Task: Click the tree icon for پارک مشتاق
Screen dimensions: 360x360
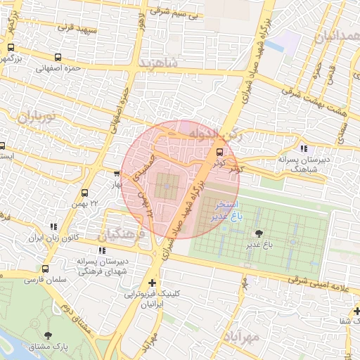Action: tap(47, 336)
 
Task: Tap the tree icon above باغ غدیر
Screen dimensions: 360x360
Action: tap(261, 233)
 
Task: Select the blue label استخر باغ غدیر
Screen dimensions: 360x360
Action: tap(230, 210)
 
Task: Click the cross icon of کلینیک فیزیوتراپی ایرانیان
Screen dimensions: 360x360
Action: tap(152, 283)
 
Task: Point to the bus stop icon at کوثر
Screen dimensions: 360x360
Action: tap(220, 152)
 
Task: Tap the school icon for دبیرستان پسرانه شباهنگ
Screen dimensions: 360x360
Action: tap(304, 148)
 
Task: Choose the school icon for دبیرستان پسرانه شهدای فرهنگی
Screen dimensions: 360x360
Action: tap(103, 250)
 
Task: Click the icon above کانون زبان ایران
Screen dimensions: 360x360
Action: tap(53, 226)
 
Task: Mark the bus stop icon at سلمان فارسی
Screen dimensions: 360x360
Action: tap(46, 269)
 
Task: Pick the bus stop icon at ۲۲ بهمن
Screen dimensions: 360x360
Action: tap(85, 193)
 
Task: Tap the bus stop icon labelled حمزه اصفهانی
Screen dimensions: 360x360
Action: tap(57, 58)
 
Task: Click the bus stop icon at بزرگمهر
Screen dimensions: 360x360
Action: tap(10, 48)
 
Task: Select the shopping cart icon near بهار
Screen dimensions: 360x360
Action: tap(117, 173)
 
